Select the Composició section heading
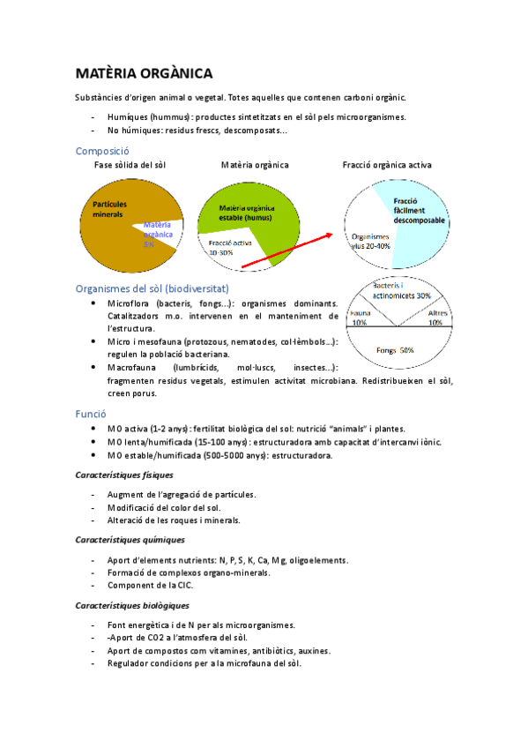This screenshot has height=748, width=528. [x=102, y=151]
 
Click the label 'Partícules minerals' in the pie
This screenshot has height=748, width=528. [x=109, y=209]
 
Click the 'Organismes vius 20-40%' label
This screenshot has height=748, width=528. [x=371, y=242]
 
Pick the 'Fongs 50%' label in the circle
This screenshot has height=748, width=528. [x=395, y=351]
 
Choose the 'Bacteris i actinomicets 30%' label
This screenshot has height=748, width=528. [x=401, y=290]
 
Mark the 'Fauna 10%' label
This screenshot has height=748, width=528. [x=360, y=318]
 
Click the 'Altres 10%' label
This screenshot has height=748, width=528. [x=437, y=318]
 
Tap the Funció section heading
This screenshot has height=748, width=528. [x=91, y=413]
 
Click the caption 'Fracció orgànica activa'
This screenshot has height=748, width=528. [x=386, y=165]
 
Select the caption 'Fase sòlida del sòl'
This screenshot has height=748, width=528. [x=130, y=165]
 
